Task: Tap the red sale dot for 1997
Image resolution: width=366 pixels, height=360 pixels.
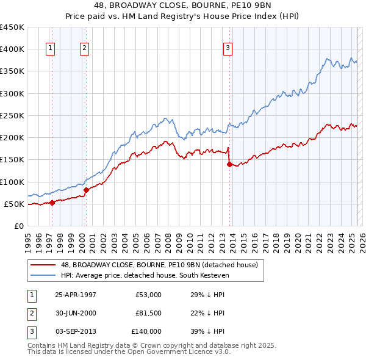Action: (52, 203)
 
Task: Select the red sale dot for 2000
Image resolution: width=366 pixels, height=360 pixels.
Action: (86, 190)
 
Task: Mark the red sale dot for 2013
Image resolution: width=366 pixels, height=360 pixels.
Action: (229, 164)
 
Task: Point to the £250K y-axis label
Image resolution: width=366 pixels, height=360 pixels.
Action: (12, 115)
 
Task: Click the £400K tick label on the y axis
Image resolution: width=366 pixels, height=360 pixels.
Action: (12, 49)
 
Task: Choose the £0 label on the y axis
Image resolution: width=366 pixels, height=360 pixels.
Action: (19, 226)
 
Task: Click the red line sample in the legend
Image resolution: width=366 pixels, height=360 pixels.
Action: (42, 265)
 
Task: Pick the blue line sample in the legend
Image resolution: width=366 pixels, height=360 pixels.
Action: (42, 275)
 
